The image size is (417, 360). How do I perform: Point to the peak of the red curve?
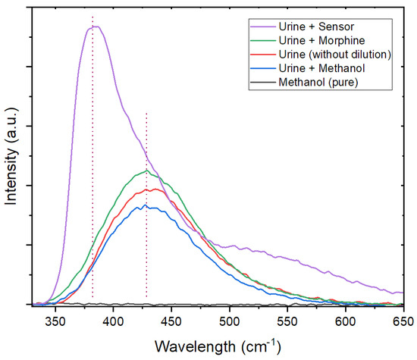155,189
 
